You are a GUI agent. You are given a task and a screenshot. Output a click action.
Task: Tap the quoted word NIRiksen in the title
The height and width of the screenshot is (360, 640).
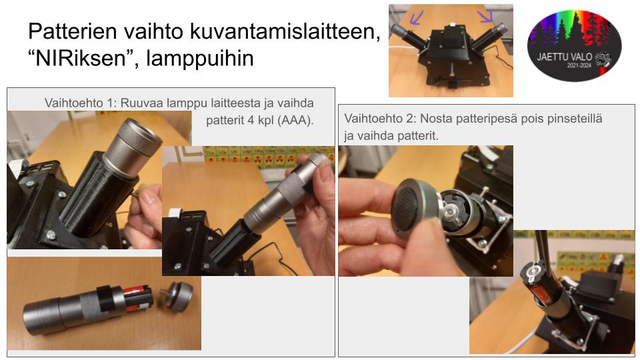pos(78,58)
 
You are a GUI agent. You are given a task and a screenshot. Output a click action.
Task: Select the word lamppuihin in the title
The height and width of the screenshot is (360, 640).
pos(200,59)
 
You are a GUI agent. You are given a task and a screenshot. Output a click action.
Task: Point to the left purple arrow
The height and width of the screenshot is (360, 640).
pos(417,17)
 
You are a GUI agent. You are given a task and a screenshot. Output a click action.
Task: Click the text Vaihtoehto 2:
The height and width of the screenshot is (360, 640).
pos(380,119)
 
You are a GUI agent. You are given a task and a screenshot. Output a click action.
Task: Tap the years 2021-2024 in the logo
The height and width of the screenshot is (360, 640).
pos(579,65)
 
